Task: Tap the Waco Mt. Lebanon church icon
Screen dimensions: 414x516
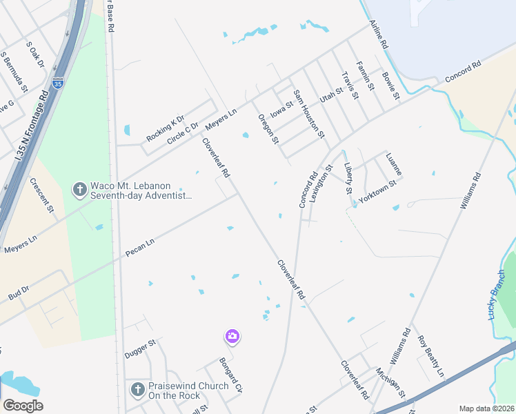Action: pyautogui.click(x=79, y=188)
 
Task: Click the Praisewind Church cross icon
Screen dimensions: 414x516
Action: pyautogui.click(x=137, y=390)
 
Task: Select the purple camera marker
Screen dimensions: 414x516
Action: pyautogui.click(x=232, y=336)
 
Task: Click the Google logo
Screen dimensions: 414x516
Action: pyautogui.click(x=23, y=406)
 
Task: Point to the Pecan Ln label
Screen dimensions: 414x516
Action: pyautogui.click(x=140, y=248)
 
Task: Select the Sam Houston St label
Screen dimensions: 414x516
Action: pyautogui.click(x=308, y=113)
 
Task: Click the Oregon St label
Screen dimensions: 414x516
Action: pyautogui.click(x=268, y=129)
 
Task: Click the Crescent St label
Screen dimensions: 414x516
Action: pyautogui.click(x=41, y=195)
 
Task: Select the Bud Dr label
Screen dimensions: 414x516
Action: pyautogui.click(x=19, y=293)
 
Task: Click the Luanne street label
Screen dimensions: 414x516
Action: pyautogui.click(x=394, y=164)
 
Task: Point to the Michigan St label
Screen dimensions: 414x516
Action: pyautogui.click(x=390, y=384)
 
